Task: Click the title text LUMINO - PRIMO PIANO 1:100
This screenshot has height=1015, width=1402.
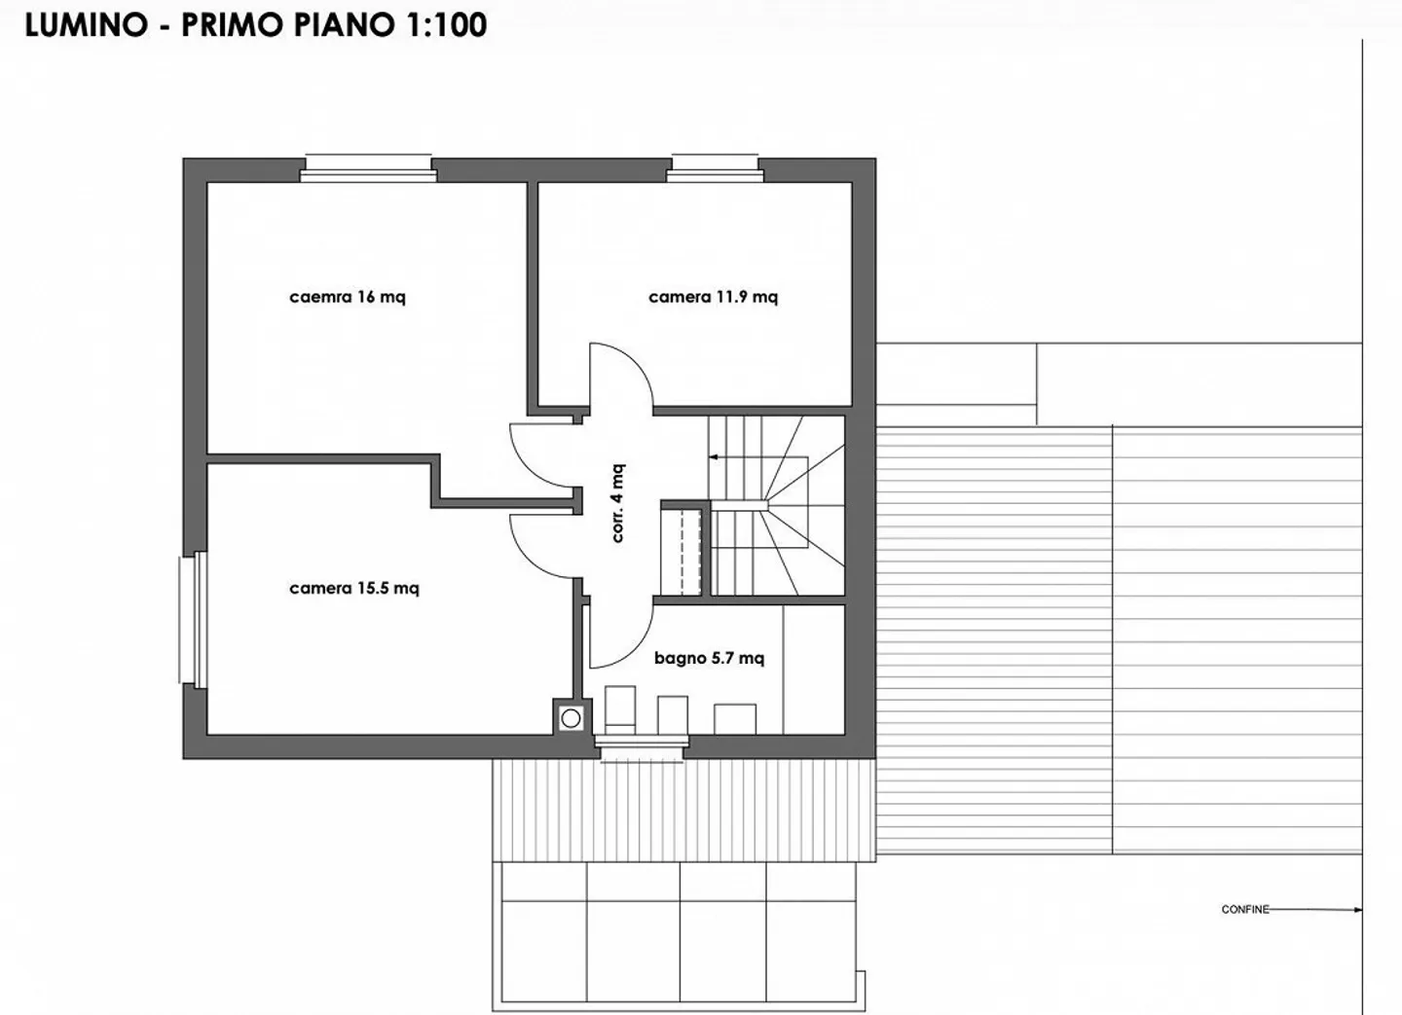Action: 255,25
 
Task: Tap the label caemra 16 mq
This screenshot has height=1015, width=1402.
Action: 348,297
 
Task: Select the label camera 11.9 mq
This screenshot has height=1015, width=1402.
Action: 713,297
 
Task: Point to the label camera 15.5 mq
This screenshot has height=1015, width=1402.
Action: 354,588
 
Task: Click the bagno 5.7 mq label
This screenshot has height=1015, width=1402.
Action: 709,658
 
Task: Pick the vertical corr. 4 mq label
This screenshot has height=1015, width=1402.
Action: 617,502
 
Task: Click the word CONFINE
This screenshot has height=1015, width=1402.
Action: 1245,910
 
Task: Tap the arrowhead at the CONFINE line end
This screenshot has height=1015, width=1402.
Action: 1357,910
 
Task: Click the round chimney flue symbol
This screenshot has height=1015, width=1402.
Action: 571,718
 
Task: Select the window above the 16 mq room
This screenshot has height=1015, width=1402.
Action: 368,167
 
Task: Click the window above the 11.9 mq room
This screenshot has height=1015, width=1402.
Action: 715,167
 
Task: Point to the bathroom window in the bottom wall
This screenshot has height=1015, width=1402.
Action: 640,747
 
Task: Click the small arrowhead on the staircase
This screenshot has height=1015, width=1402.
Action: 713,455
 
